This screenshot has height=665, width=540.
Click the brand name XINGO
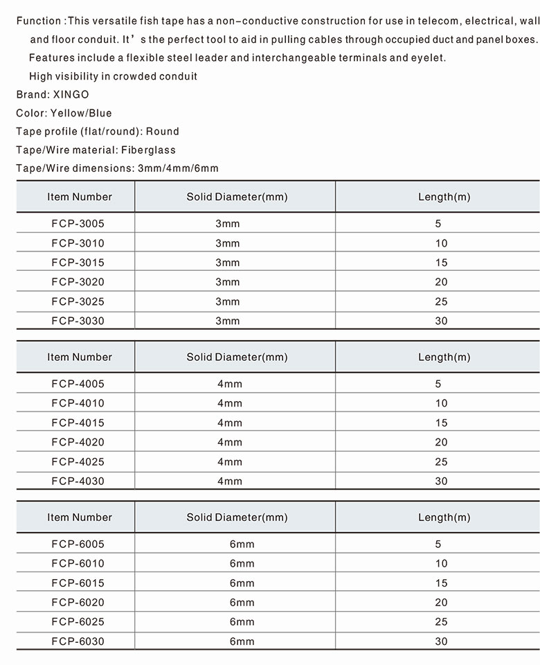tap(71, 94)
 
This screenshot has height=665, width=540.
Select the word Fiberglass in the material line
tap(148, 150)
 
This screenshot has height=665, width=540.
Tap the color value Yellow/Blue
tap(81, 113)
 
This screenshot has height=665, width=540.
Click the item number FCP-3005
tap(78, 224)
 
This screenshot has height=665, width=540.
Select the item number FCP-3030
tap(78, 321)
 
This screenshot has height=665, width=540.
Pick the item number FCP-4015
tap(78, 423)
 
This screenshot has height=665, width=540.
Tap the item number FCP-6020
tap(78, 603)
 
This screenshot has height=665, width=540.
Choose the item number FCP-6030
tap(78, 641)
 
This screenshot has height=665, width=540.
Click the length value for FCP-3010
tap(442, 243)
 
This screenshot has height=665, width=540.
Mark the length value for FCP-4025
tap(442, 461)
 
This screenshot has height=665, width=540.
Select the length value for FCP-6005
tap(442, 544)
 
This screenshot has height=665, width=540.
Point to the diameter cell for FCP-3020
tap(227, 282)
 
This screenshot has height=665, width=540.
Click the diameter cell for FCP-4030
tap(230, 481)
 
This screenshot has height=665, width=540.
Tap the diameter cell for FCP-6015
tap(242, 583)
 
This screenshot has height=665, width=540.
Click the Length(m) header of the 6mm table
tap(444, 517)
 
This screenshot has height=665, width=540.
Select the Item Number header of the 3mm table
tap(80, 197)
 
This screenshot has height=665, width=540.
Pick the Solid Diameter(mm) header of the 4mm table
tap(237, 357)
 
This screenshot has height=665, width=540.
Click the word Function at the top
tap(38, 21)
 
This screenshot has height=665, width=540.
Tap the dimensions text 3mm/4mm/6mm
tap(178, 168)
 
